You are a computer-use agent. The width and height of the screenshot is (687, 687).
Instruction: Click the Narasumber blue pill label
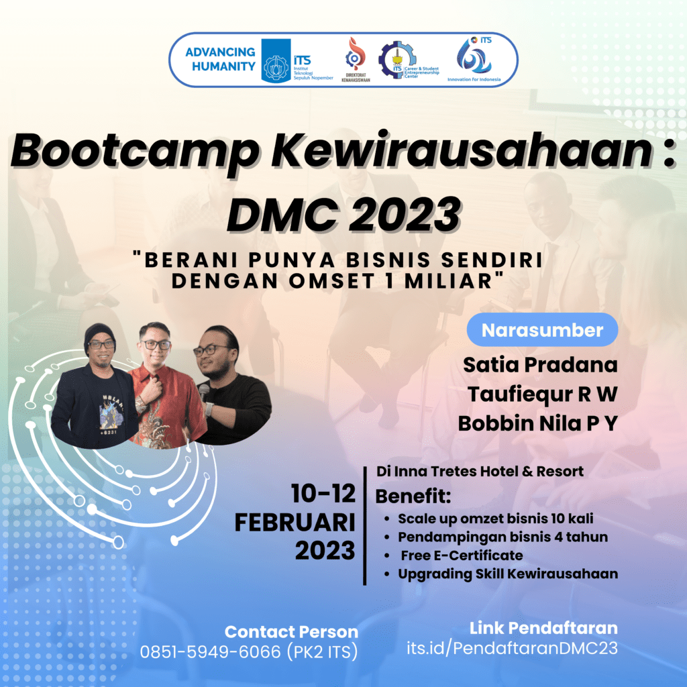pos(542,330)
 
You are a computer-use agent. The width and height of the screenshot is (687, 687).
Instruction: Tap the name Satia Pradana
pos(540,364)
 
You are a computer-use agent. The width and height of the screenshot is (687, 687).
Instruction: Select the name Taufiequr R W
pos(542,394)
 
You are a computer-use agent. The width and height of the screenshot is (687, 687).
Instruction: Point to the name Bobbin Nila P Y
pos(537,423)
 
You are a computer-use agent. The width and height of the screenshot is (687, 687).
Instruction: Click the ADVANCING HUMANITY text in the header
pos(220,59)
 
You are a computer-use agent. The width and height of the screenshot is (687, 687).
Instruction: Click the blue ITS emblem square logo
pos(276,60)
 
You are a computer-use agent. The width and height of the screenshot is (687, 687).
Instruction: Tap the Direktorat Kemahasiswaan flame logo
pos(356,55)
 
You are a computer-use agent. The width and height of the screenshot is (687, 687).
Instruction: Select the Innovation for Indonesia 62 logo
pos(474,56)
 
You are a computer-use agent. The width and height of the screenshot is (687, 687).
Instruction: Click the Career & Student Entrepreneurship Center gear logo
pos(397,60)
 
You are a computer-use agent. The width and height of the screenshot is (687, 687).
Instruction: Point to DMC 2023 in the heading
pos(344,214)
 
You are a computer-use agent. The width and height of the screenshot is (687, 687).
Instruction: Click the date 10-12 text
pos(323,494)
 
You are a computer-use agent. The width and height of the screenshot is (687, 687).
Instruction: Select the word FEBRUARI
pos(295,522)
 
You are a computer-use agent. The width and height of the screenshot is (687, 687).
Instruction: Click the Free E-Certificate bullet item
pos(462,556)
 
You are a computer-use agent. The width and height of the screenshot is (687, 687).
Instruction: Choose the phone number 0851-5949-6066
pos(210,652)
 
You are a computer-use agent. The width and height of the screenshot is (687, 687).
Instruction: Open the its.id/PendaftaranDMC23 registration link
pos(512,648)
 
